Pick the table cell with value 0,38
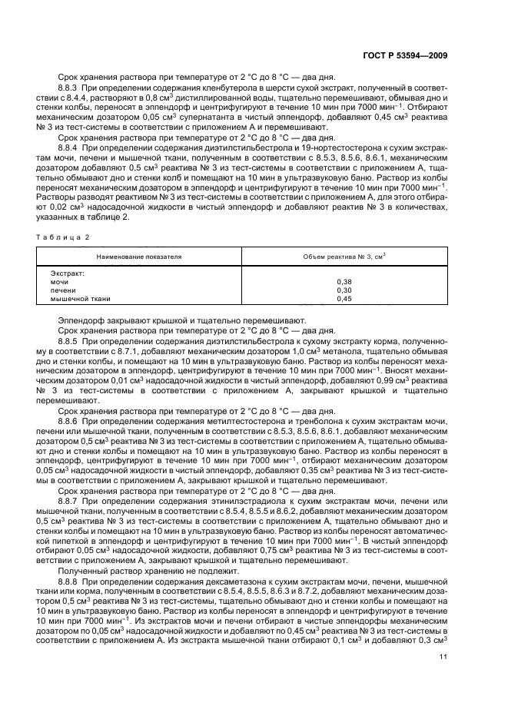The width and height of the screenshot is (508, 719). [x=344, y=282]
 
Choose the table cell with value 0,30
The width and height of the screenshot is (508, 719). [x=344, y=290]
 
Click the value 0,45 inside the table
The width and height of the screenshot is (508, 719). [x=344, y=299]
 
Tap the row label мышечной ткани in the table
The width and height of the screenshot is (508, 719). [x=81, y=299]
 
